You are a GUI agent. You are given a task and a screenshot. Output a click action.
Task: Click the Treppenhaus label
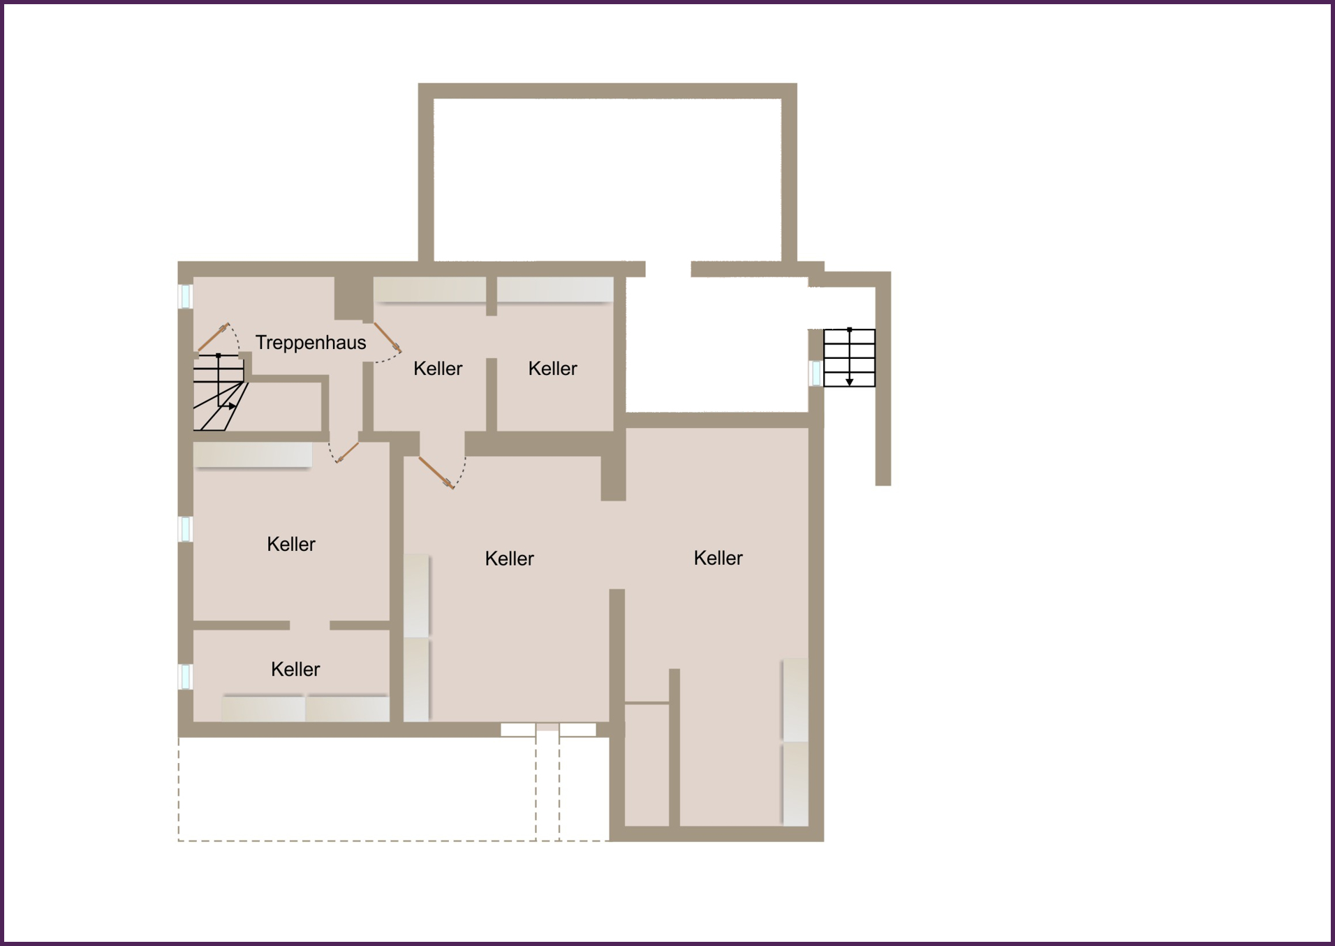311,343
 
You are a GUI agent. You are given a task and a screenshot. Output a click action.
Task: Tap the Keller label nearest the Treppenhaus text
438,369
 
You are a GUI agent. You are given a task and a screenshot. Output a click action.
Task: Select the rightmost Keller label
718,558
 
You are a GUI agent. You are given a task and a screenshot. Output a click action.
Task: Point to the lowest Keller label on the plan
295,670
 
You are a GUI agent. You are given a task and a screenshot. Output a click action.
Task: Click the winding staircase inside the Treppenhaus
219,392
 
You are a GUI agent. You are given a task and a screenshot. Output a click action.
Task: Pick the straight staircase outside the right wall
849,357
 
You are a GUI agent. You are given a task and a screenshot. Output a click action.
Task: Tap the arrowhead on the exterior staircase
850,382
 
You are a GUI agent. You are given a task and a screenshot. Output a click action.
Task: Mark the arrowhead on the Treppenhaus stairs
233,406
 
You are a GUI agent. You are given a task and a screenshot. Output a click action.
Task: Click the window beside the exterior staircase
816,373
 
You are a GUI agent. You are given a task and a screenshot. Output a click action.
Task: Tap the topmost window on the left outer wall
186,296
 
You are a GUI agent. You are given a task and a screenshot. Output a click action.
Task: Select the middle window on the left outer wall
186,529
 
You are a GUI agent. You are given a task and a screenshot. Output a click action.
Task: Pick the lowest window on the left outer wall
186,677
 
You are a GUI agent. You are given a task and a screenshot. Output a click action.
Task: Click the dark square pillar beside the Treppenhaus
353,298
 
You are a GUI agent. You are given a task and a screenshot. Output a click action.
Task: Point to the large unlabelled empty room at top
607,179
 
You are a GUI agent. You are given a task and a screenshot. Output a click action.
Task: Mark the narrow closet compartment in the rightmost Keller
647,764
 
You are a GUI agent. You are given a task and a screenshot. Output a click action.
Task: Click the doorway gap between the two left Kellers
309,626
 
